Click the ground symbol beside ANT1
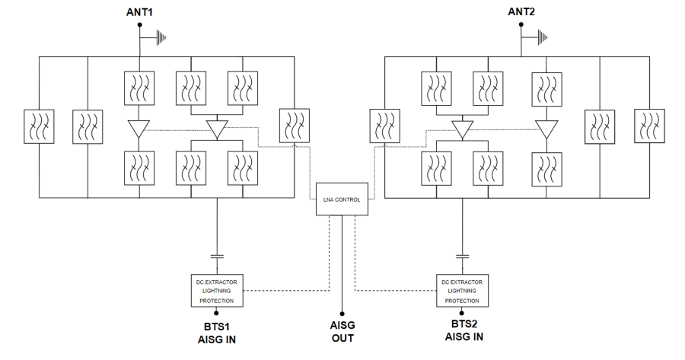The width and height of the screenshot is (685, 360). (x=161, y=36)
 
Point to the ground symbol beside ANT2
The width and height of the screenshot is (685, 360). (x=543, y=36)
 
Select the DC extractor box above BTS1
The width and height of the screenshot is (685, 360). (x=217, y=290)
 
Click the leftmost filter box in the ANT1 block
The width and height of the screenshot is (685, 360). (x=39, y=126)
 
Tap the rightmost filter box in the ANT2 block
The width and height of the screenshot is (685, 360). (x=649, y=126)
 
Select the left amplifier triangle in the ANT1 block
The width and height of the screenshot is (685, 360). (x=139, y=129)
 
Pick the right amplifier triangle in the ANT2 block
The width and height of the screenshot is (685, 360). (x=546, y=129)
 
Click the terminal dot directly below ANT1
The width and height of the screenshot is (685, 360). (x=139, y=25)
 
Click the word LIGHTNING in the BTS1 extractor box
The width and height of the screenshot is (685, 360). (x=217, y=291)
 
